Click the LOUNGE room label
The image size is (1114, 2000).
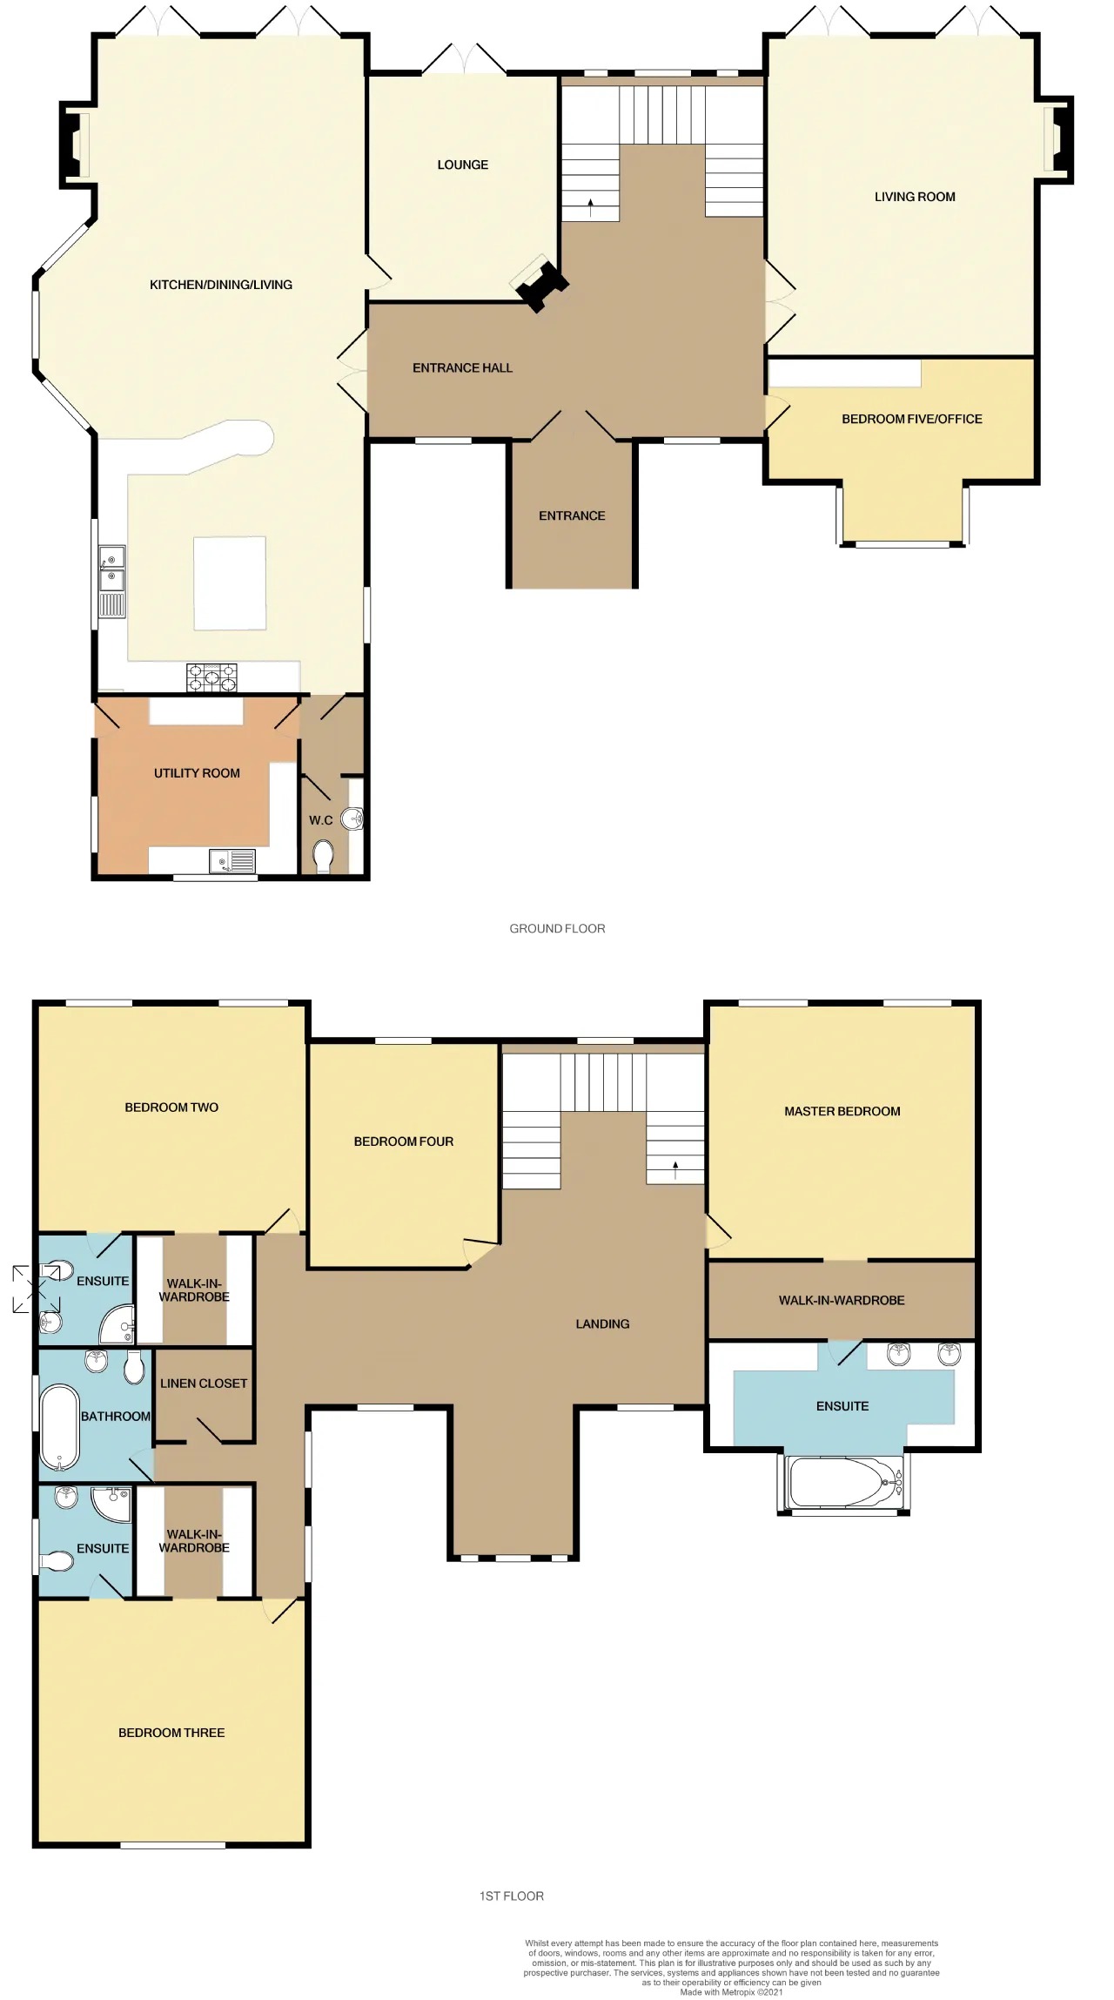(x=462, y=165)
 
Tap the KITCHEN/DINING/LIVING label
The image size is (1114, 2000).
(x=221, y=285)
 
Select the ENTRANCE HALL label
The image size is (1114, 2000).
(x=462, y=368)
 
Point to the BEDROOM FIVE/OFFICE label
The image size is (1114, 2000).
(x=912, y=419)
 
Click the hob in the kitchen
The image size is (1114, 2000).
(x=211, y=677)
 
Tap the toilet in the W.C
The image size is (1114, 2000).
(x=323, y=856)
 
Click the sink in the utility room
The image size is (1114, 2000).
(x=232, y=861)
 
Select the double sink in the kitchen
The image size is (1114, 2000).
(x=112, y=581)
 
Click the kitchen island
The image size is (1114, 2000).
(x=230, y=582)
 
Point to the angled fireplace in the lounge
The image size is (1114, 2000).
(x=540, y=283)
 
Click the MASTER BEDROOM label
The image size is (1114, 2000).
(x=842, y=1111)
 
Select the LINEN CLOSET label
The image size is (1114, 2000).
(x=204, y=1383)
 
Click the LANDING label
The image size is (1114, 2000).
(x=602, y=1323)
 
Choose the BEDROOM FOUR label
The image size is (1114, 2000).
(x=404, y=1141)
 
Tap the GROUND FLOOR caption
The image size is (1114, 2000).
(x=557, y=928)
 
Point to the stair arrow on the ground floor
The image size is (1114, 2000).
(x=591, y=207)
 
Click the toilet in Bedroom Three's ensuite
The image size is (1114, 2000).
(x=56, y=1562)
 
